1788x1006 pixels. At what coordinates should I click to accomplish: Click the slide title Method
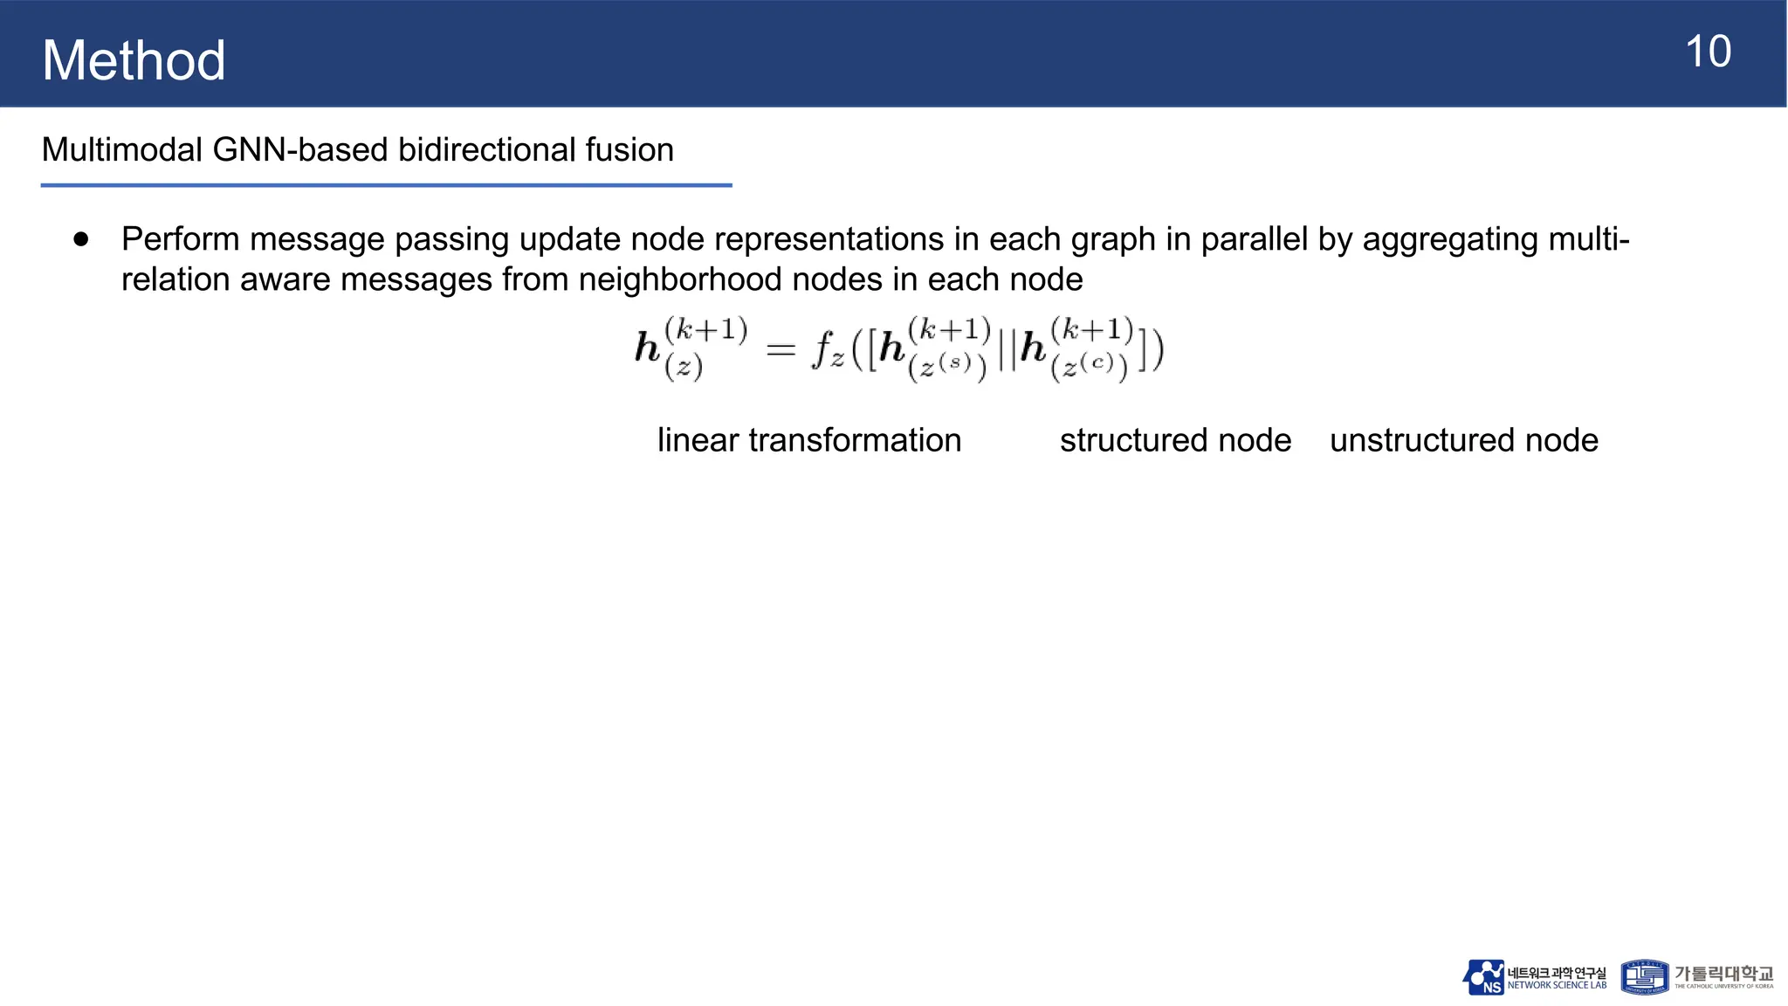pos(134,60)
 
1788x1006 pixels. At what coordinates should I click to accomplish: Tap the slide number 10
pos(1708,52)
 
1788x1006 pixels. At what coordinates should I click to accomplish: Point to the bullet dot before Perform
pos(82,239)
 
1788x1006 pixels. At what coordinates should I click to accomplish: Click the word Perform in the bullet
pos(180,239)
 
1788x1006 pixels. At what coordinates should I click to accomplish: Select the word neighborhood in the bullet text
pos(730,279)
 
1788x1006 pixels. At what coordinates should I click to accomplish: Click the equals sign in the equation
pos(781,350)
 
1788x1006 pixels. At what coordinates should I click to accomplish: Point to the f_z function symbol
pos(827,351)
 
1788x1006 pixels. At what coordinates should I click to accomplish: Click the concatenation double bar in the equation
pos(1007,351)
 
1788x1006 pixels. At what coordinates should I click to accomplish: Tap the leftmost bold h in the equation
pos(647,347)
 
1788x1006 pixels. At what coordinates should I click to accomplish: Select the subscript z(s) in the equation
pos(947,366)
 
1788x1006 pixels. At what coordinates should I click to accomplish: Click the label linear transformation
pos(809,440)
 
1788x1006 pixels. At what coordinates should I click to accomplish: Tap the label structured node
pos(1175,440)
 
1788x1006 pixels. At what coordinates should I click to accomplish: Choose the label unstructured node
pos(1464,440)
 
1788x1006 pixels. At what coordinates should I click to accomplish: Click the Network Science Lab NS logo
pos(1483,977)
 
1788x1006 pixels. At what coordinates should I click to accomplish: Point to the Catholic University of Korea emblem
pos(1644,977)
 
